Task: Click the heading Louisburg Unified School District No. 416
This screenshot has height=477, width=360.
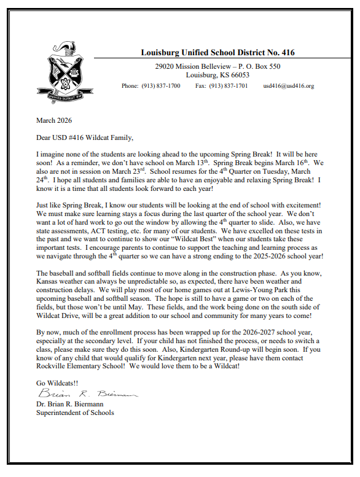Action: click(217, 53)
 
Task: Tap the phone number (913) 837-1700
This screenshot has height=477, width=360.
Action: click(160, 86)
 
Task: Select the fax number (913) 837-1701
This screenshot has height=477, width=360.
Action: click(229, 86)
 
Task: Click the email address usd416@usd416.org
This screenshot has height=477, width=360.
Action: click(288, 86)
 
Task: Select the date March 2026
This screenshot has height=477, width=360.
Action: click(54, 120)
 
